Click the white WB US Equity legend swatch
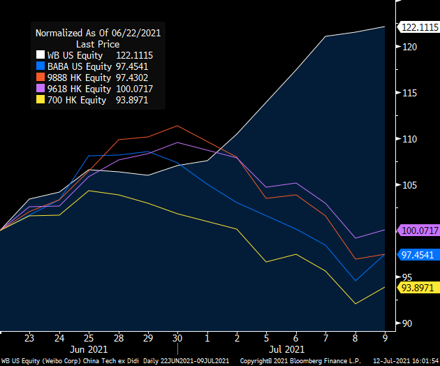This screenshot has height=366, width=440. [x=39, y=55]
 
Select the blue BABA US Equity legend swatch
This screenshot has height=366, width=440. [x=39, y=66]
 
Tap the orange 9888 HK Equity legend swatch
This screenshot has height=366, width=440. [x=39, y=78]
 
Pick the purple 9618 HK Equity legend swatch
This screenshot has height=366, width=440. [x=39, y=89]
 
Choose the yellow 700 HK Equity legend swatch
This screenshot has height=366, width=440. [x=39, y=100]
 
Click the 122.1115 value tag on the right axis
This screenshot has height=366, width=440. [x=418, y=27]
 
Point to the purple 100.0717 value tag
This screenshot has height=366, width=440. [x=418, y=230]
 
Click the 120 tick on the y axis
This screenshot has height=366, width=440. [x=409, y=47]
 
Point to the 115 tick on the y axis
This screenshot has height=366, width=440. [x=409, y=93]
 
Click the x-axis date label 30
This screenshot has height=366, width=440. [x=177, y=337]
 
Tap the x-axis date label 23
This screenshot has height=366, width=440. [x=30, y=337]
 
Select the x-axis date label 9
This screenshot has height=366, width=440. [x=384, y=337]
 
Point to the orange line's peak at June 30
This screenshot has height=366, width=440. [x=177, y=126]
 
